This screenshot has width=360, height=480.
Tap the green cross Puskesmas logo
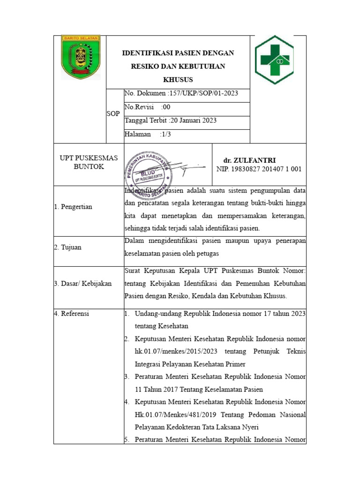tap(274, 60)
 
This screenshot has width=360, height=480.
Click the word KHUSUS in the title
tap(178, 80)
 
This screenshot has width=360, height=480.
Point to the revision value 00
tap(165, 107)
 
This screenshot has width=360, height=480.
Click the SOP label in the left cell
tap(113, 114)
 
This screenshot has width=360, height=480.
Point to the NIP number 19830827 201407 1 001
tap(259, 169)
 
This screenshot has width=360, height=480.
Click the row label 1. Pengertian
tap(74, 207)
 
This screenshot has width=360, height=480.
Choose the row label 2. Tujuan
tap(68, 247)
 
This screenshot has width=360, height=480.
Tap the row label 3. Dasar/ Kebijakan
tap(83, 284)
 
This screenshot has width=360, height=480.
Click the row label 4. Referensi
tap(72, 314)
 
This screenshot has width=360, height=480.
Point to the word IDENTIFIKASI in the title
tap(146, 53)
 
